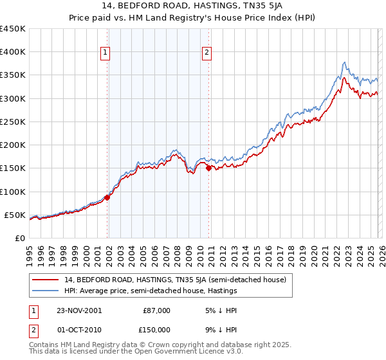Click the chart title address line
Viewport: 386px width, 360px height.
pos(192,6)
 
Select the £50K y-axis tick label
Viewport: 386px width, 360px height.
pos(15,215)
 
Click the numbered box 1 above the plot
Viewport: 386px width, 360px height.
pos(105,53)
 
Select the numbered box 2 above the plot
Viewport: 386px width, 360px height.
pos(207,53)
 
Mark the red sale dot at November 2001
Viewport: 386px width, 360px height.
pos(107,197)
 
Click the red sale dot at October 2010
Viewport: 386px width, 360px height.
pos(208,168)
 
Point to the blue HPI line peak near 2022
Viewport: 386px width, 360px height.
pos(345,62)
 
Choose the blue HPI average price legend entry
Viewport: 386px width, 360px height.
pos(151,291)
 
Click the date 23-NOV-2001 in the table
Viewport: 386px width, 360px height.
pos(79,310)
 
